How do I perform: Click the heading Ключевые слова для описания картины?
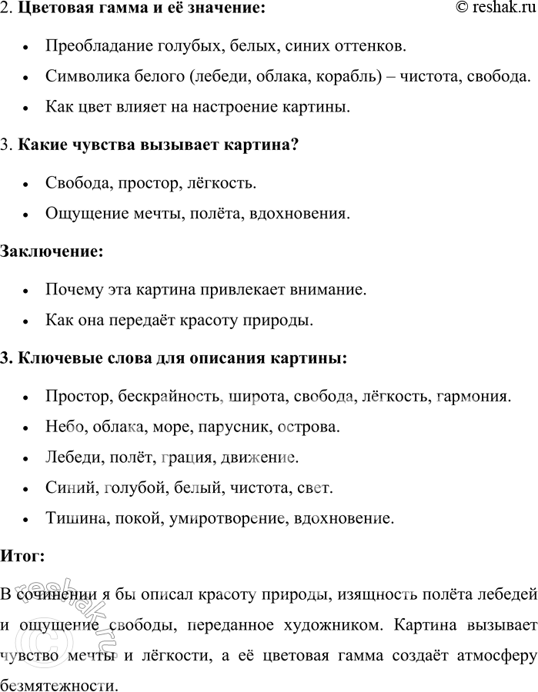(x=182, y=358)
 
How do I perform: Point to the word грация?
(x=186, y=457)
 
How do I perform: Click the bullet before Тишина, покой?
(x=27, y=519)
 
